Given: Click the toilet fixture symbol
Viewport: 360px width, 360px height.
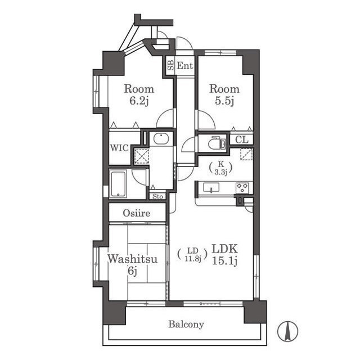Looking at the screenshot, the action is [217, 143].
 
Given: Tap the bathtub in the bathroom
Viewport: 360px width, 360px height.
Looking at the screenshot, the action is [118, 183].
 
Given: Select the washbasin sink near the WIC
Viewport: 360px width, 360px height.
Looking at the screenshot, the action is [161, 139].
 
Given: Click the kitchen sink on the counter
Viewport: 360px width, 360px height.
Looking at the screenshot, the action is [211, 187].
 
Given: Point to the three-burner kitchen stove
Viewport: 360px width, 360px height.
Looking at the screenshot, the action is [242, 188].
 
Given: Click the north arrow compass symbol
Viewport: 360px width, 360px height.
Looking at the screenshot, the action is [287, 331].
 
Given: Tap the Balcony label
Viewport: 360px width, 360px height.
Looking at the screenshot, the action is [186, 324].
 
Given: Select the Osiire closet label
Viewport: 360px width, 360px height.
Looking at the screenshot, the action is [137, 213].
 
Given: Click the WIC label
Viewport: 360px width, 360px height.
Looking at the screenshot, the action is [119, 148].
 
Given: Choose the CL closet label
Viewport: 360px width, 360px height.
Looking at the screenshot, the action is [242, 139].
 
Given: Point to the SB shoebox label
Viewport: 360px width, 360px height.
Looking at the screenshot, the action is [170, 65].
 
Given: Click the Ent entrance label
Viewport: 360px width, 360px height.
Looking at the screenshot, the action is [185, 66].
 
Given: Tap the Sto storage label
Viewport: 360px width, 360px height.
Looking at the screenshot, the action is [157, 196].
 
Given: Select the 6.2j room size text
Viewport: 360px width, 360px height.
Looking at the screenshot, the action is [139, 101].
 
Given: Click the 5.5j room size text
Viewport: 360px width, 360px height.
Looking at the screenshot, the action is [224, 101].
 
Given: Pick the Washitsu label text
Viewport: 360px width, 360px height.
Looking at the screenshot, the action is [133, 259].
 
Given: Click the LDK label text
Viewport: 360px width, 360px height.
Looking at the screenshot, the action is [224, 249].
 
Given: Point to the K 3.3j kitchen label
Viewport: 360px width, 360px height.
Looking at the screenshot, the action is [220, 168].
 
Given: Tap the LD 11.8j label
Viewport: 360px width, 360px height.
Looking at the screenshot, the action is [193, 254].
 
